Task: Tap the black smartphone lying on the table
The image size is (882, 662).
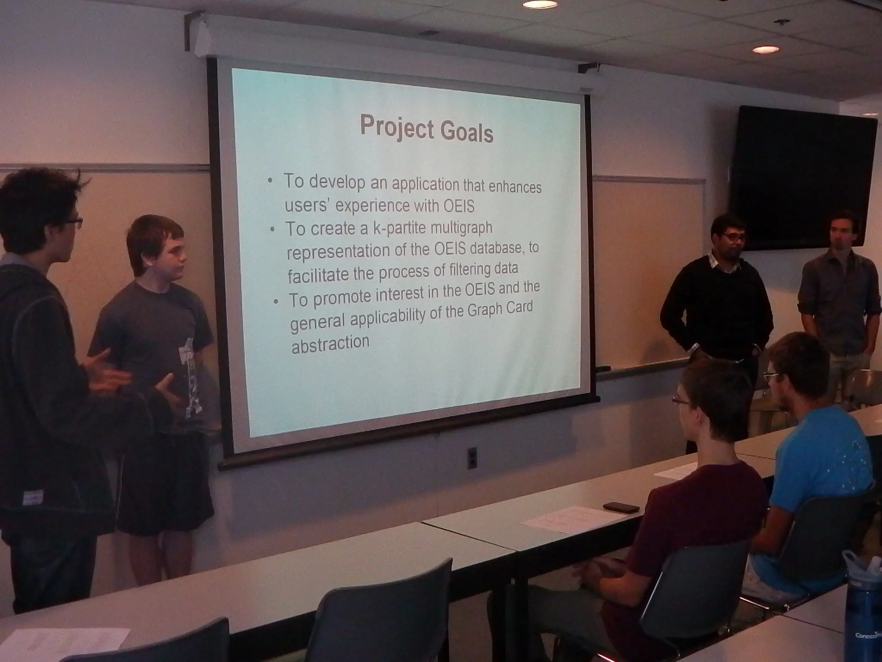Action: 621,507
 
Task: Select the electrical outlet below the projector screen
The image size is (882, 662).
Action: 472,457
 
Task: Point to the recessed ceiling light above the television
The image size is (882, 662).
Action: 766,50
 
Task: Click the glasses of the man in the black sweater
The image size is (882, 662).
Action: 732,237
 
